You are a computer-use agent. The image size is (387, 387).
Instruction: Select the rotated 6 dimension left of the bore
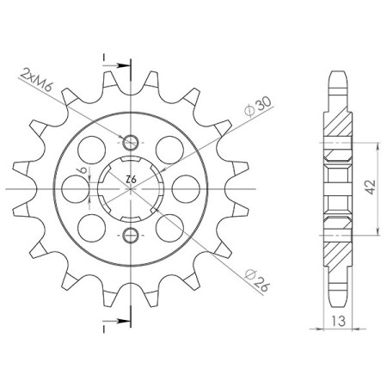tap(84, 172)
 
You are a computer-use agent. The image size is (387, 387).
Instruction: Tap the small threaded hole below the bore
tap(131, 235)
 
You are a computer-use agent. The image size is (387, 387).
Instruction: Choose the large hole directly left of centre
tap(76, 188)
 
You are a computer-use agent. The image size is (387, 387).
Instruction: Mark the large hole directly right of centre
tap(185, 188)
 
